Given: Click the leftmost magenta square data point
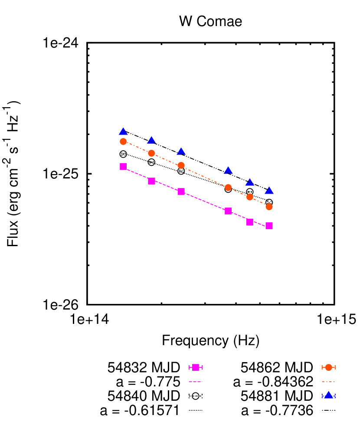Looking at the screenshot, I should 123,166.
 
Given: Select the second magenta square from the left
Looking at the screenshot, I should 151,181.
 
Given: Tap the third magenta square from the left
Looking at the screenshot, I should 181,191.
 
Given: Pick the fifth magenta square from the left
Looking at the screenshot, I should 250,222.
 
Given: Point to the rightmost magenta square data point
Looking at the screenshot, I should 269,226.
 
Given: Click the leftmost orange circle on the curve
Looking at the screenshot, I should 123,142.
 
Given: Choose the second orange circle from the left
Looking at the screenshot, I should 151,153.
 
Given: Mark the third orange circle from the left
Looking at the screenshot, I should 181,165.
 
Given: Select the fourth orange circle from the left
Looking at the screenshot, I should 228,188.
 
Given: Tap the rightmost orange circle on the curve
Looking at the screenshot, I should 269,207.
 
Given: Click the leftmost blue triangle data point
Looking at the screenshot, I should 123,132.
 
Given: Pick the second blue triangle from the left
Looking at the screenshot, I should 151,140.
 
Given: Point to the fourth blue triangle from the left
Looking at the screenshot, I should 228,171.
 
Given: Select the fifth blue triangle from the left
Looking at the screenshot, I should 250,182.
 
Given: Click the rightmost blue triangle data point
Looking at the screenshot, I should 269,191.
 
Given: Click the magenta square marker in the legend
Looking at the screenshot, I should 196,368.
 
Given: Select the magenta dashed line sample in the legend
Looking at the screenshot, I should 196,382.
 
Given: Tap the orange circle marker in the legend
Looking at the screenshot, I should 328,368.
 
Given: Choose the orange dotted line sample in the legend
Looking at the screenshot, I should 328,382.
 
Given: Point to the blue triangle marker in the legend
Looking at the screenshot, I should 328,395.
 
